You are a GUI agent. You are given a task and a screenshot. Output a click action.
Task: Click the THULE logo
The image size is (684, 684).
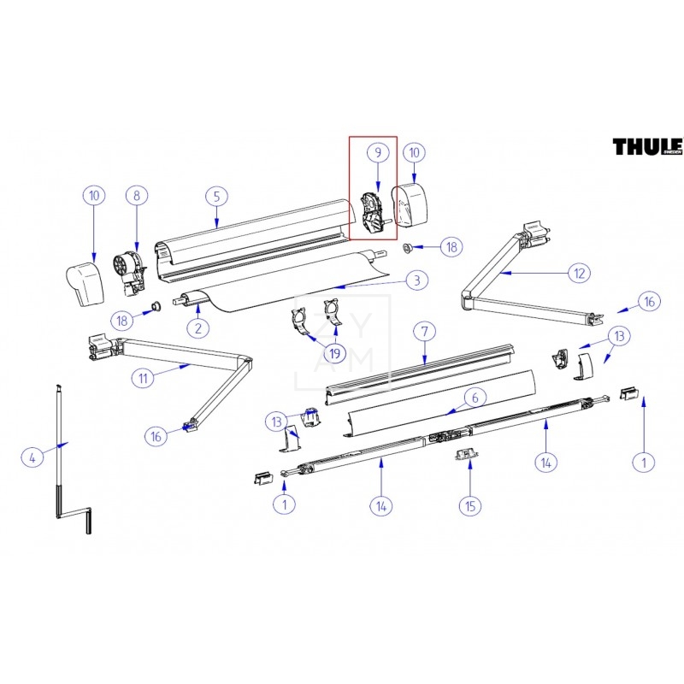pyautogui.click(x=647, y=147)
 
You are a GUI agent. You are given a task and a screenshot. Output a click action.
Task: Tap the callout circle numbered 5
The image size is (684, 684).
pyautogui.click(x=217, y=196)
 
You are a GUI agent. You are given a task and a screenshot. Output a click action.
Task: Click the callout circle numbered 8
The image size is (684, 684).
pyautogui.click(x=136, y=196)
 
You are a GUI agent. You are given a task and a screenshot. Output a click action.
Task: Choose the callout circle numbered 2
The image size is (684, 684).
pyautogui.click(x=198, y=327)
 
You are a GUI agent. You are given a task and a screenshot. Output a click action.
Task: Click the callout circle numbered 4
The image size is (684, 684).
pyautogui.click(x=32, y=457)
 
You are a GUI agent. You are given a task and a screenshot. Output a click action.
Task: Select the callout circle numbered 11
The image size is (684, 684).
pyautogui.click(x=144, y=377)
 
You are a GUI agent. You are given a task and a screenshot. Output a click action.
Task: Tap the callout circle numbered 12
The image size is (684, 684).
pyautogui.click(x=579, y=274)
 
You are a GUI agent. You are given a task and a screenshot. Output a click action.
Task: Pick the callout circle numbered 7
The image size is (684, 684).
pyautogui.click(x=421, y=330)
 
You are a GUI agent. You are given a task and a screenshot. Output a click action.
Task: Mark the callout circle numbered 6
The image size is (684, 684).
pyautogui.click(x=475, y=397)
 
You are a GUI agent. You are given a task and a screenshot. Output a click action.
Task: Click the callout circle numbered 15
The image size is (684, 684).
pyautogui.click(x=469, y=506)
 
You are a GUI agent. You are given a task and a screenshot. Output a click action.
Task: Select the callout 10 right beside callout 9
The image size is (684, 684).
pyautogui.click(x=416, y=152)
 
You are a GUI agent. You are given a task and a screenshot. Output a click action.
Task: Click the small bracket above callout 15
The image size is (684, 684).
pyautogui.click(x=466, y=455)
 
